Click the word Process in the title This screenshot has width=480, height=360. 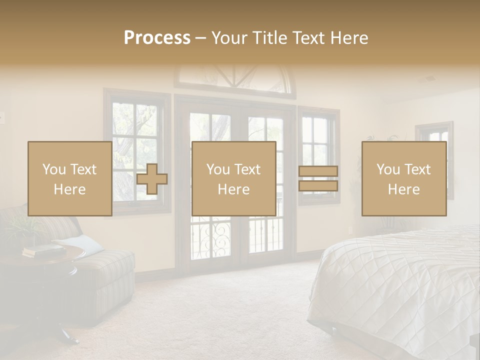tap(157, 37)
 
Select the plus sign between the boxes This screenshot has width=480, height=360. tap(152, 179)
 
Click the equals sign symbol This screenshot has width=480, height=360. tap(318, 178)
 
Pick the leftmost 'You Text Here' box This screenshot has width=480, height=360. tap(70, 178)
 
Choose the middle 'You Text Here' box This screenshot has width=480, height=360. tap(233, 178)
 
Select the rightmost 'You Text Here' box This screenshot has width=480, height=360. tap(403, 178)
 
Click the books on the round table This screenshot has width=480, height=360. tap(42, 250)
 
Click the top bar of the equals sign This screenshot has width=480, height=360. tap(318, 171)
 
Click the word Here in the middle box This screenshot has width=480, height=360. tap(233, 189)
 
